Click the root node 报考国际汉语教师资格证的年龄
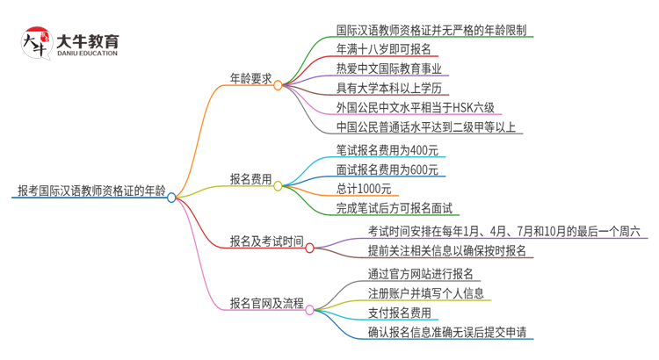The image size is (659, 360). [x=90, y=190]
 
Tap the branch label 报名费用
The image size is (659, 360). [x=250, y=178]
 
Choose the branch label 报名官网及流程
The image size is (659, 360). [x=266, y=303]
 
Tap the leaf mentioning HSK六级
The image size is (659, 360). [x=415, y=108]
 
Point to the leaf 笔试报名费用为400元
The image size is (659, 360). [x=387, y=149]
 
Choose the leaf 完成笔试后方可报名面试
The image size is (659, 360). [x=394, y=208]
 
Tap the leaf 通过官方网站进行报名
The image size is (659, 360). [x=420, y=273]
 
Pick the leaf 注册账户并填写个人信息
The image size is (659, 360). [x=425, y=292]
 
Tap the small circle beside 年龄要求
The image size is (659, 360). [x=278, y=85]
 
